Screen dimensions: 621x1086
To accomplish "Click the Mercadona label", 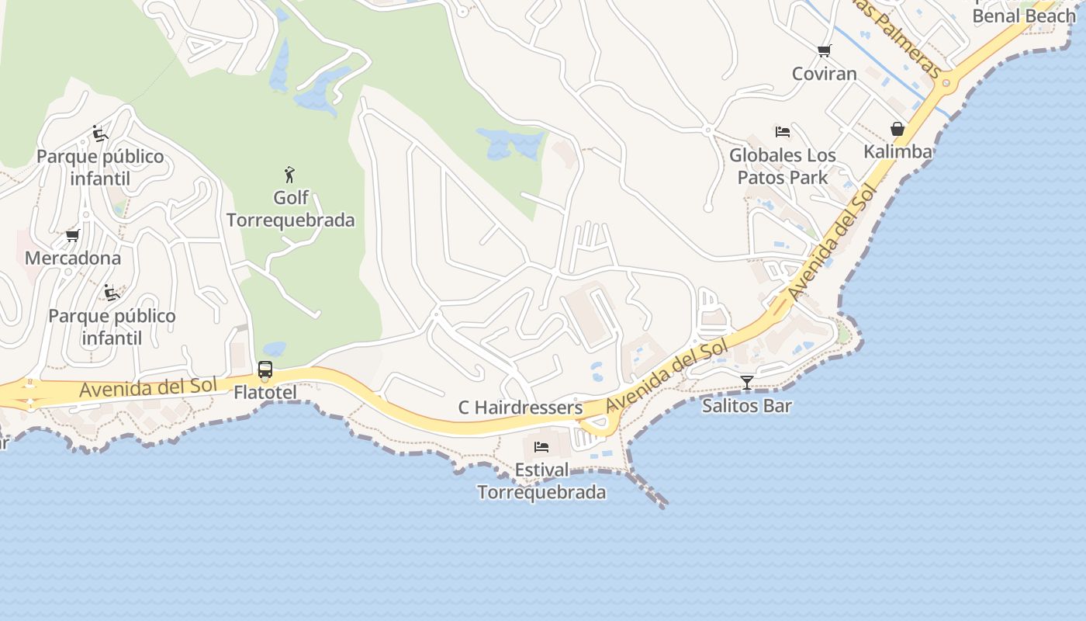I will point(73,258).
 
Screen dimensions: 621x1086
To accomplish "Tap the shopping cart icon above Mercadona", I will point(73,235).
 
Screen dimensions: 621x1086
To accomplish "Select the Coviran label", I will point(824,74).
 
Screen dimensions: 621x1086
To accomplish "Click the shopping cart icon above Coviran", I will point(824,51).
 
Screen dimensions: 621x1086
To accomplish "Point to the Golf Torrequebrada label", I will point(291,209).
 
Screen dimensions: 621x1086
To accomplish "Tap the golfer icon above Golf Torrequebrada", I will point(290,175).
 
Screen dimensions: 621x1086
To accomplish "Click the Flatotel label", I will point(265,393).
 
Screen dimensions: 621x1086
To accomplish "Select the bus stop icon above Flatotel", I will point(265,369).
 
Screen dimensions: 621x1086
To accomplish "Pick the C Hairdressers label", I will point(520,408).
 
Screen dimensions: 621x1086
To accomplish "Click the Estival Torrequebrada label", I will point(541,481).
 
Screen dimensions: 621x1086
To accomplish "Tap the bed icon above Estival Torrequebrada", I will point(541,447).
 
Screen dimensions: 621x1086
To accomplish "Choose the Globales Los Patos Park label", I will point(783,166).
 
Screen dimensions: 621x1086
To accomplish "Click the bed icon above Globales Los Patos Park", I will point(783,132).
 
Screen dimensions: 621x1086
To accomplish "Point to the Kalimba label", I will point(898,151).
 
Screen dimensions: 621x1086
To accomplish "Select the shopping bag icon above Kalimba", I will point(898,129).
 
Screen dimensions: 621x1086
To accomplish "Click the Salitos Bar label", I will point(746,405).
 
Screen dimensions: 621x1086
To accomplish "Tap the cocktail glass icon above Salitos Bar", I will point(746,382).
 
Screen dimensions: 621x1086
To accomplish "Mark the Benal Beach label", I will point(1024,16).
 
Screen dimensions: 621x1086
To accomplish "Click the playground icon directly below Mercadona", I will point(112,293).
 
